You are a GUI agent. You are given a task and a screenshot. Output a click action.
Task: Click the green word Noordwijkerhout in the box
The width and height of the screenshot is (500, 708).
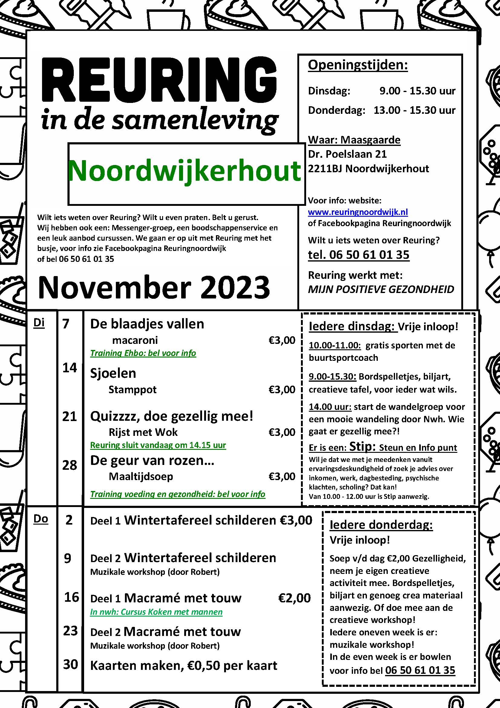(184, 171)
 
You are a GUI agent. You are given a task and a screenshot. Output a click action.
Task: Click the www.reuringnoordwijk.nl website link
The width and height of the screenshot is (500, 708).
(358, 212)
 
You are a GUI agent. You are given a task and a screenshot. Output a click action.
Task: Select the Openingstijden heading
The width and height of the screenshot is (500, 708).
(358, 65)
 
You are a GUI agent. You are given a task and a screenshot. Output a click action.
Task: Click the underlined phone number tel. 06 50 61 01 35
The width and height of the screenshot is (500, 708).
(359, 255)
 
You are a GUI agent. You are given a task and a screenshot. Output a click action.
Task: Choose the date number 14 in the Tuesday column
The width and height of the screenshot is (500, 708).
(70, 368)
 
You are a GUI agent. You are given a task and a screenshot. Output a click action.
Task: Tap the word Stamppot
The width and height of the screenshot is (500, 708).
(132, 390)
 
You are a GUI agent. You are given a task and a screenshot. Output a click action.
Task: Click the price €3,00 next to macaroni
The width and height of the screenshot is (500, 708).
(282, 341)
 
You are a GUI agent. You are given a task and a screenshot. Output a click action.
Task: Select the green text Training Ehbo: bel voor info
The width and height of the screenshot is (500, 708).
(143, 353)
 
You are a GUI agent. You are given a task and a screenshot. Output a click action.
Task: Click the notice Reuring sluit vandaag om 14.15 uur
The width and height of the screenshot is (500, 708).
(158, 445)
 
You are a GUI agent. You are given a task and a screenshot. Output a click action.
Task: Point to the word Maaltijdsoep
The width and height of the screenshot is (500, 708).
(141, 476)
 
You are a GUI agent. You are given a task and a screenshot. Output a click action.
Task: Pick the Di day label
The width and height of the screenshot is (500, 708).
(39, 323)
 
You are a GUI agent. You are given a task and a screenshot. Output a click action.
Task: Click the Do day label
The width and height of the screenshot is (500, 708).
(41, 519)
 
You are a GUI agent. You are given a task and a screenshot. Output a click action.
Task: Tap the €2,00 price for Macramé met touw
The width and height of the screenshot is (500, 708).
(294, 598)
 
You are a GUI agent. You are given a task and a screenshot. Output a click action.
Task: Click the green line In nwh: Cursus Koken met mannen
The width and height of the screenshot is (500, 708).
(156, 612)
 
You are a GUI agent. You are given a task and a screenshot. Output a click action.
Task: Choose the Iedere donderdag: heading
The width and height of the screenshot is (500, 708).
(381, 525)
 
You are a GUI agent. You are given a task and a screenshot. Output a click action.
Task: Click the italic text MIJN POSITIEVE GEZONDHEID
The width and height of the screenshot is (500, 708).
(381, 289)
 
